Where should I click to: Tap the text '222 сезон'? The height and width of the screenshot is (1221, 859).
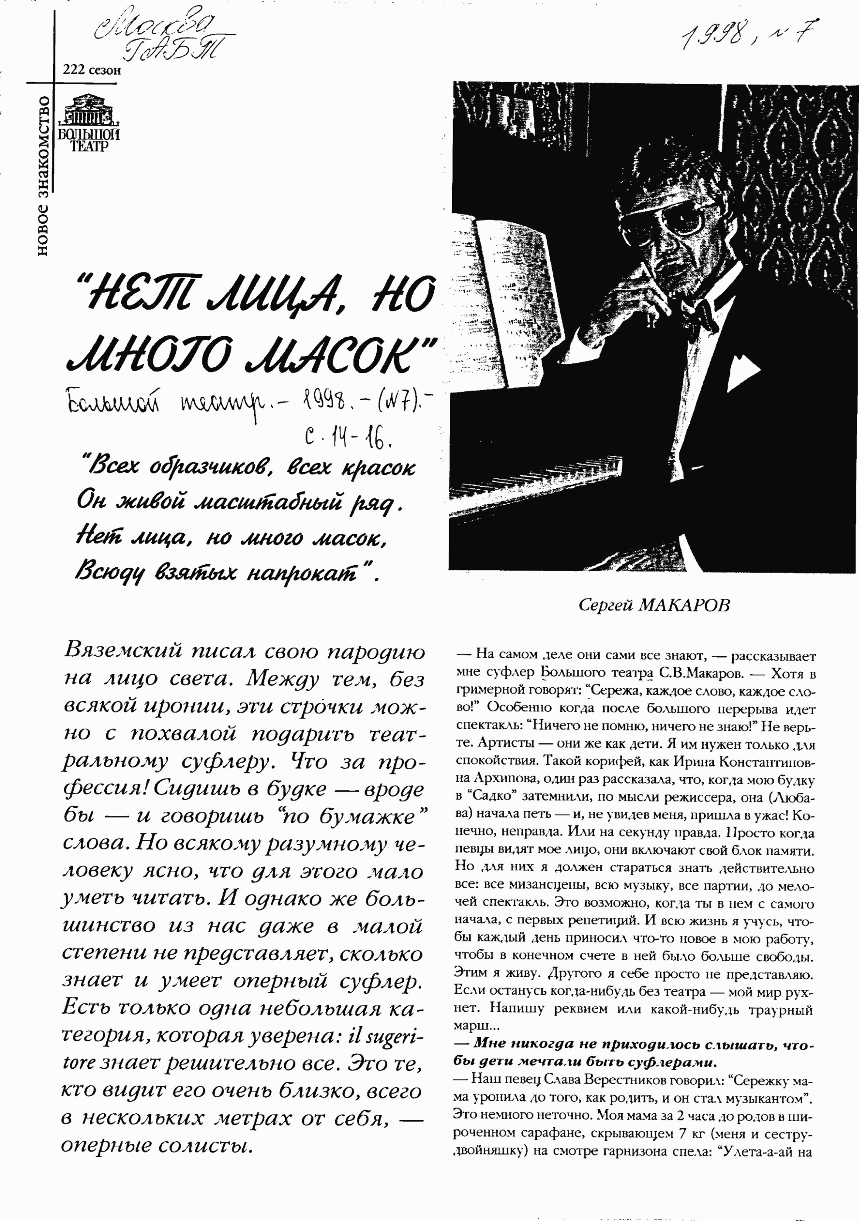coord(92,70)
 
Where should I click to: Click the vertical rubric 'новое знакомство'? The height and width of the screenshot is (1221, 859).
coord(43,175)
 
